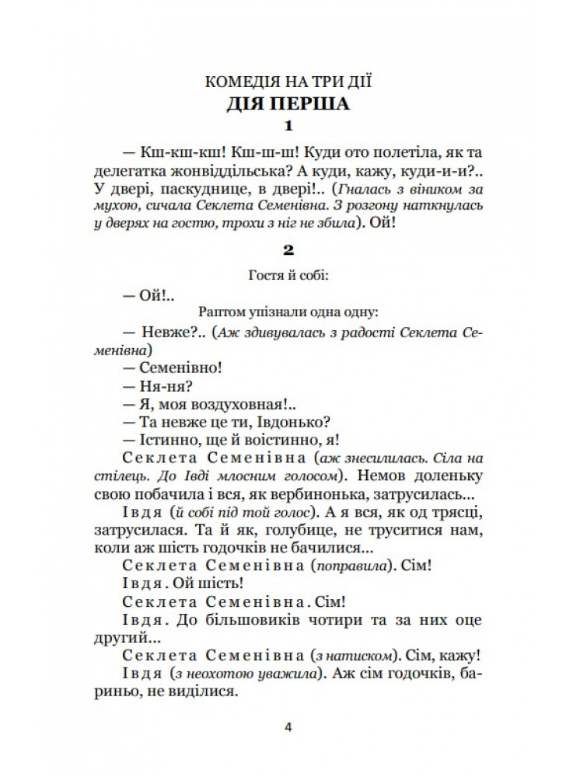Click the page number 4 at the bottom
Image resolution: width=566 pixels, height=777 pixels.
click(x=288, y=728)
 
